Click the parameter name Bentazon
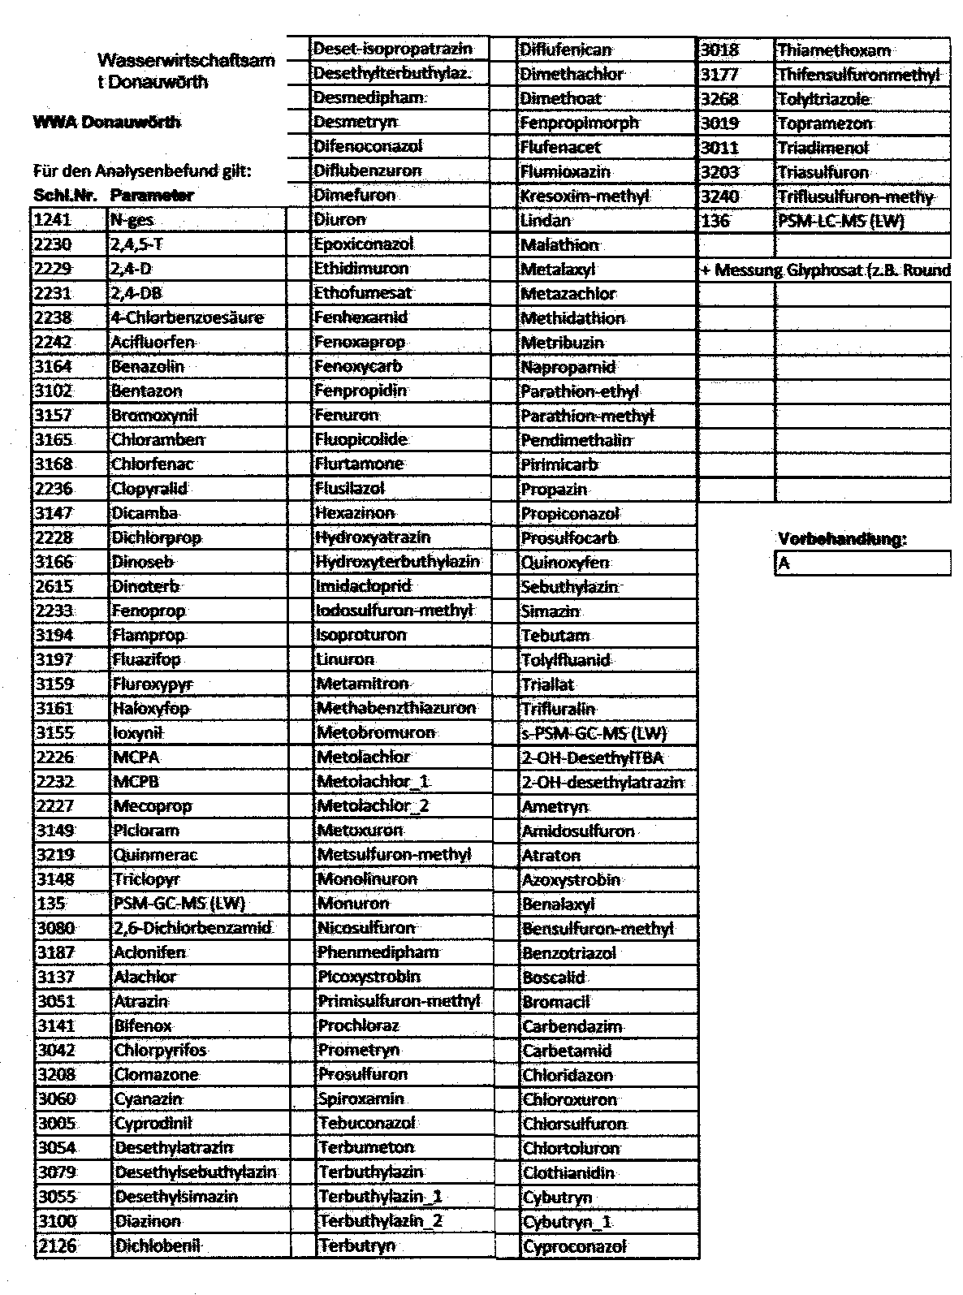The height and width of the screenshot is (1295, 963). point(147,391)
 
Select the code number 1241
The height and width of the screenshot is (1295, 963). point(54,220)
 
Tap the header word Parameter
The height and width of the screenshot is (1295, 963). point(153,196)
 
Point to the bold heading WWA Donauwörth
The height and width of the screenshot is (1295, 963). point(106,123)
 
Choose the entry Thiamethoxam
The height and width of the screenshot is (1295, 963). point(834,50)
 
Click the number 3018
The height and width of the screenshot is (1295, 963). point(720,50)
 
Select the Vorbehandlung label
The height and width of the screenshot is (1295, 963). point(842,539)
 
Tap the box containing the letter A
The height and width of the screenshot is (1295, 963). point(862,563)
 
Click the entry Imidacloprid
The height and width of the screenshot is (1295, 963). point(365,586)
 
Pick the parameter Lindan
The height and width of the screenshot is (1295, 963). point(546,221)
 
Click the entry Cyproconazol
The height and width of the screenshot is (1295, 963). point(575,1247)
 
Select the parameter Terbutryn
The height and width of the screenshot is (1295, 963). point(357,1245)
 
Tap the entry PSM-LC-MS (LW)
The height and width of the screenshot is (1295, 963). point(840,221)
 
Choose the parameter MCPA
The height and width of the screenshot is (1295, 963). point(136,758)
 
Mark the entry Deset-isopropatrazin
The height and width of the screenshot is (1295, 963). point(393,49)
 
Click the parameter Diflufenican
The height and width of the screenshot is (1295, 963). point(565,50)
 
